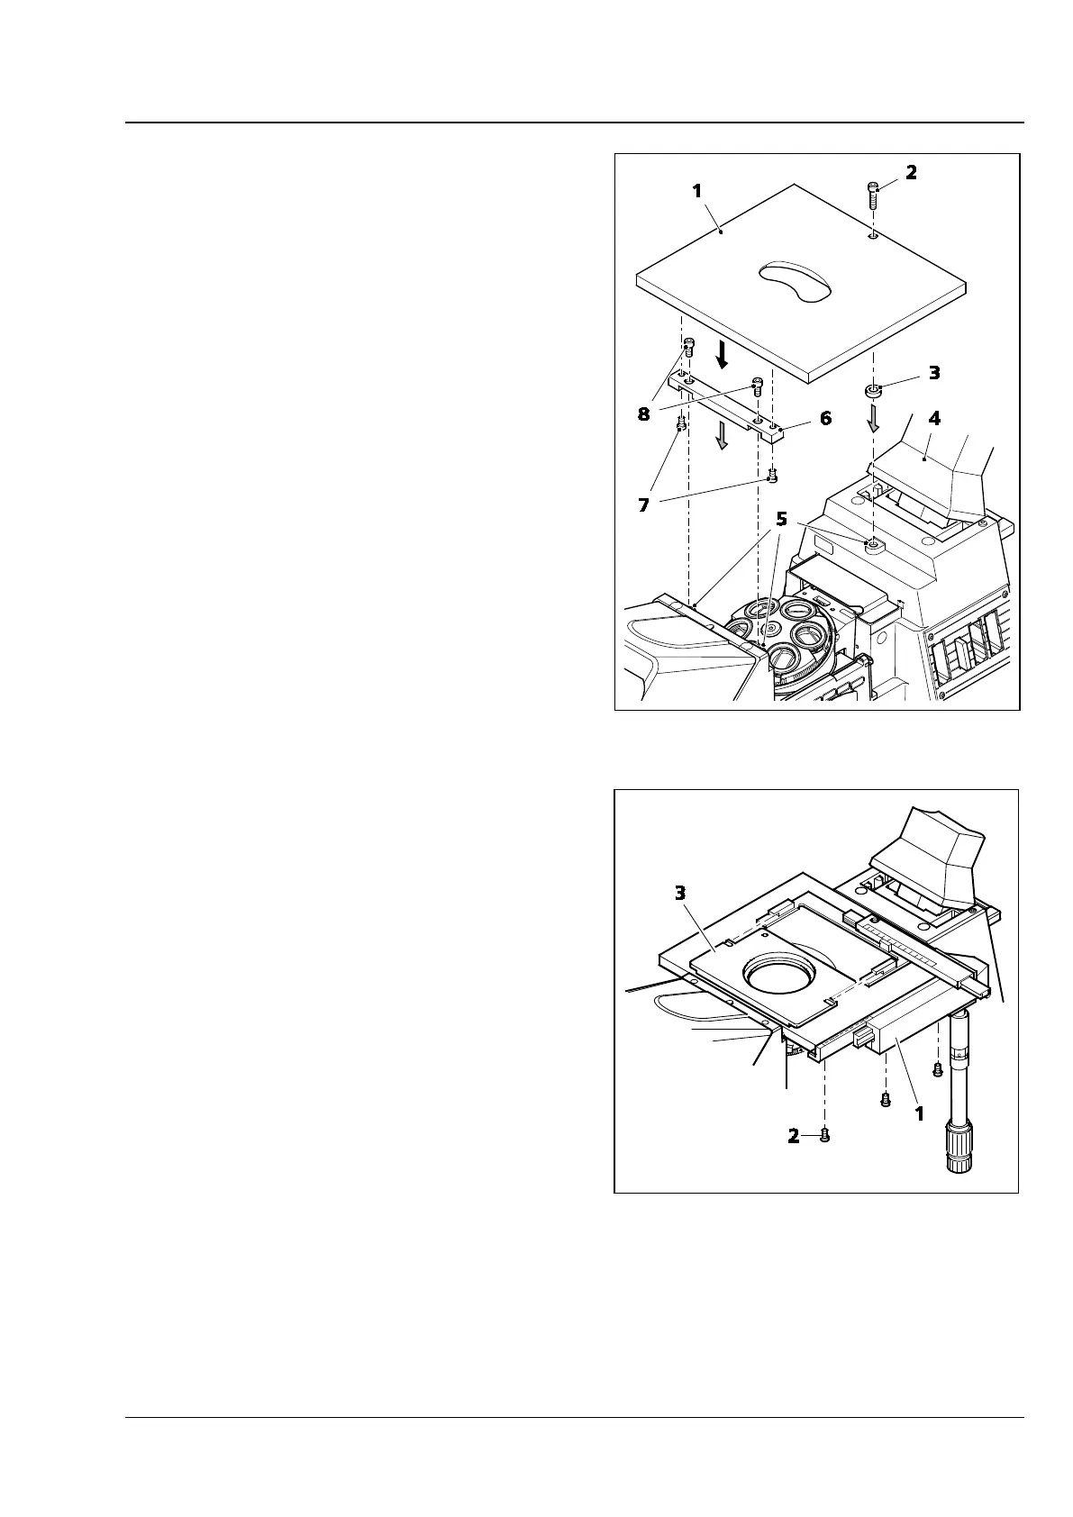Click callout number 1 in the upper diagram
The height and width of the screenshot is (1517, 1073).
point(696,191)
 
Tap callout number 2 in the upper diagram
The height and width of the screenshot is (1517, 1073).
point(911,172)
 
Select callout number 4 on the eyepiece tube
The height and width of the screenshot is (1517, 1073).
point(934,418)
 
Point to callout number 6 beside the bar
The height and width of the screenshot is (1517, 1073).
point(825,418)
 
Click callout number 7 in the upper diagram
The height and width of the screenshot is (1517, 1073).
point(643,505)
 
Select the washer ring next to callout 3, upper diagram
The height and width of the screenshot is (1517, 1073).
point(873,391)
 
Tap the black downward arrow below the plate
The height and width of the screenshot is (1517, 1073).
point(722,353)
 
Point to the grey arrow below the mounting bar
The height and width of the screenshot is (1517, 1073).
point(722,437)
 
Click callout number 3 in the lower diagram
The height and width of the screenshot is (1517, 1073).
point(680,893)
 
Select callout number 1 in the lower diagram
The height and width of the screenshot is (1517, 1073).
point(919,1113)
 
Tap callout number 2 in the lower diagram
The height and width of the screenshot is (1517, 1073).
point(794,1136)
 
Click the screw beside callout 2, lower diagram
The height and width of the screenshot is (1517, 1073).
point(823,1135)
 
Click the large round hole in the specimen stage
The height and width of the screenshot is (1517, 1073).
point(779,976)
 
